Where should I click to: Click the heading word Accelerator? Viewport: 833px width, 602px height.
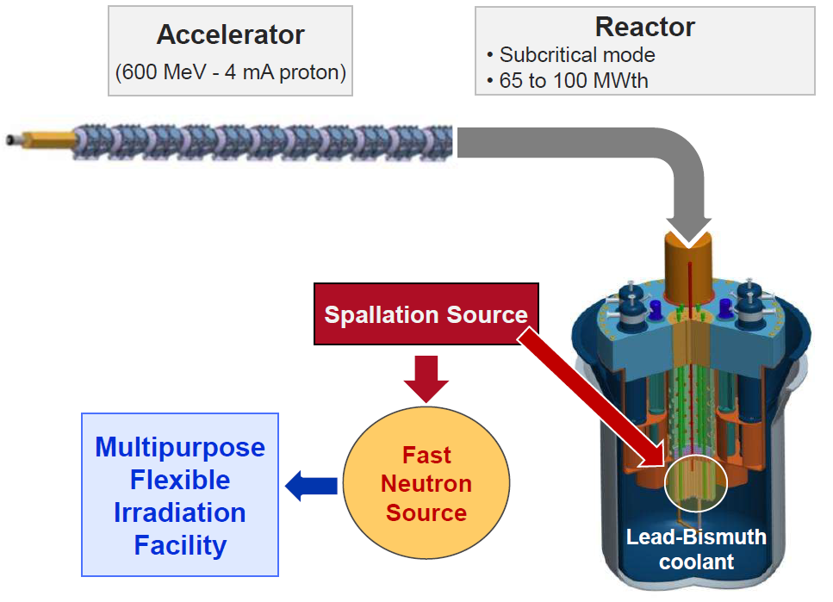point(230,34)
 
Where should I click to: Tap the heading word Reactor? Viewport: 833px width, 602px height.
point(644,27)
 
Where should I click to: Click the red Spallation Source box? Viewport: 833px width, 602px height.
point(426,314)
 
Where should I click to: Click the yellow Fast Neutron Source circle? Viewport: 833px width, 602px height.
point(426,483)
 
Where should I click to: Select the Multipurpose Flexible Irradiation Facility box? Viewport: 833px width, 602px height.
point(180,494)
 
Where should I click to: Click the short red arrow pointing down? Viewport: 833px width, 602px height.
point(426,375)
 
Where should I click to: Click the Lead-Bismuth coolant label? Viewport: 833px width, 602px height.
point(696,549)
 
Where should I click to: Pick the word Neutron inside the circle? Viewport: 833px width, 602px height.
point(426,483)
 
